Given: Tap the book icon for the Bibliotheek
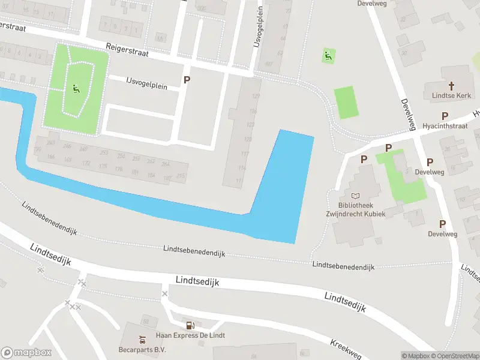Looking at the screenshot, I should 356,196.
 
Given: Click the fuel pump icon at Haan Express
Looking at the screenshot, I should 190,326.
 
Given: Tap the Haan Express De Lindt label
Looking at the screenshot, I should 190,335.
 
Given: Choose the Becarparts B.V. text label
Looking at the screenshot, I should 142,349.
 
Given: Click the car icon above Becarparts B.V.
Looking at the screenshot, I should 142,339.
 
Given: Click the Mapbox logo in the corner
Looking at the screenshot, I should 26,353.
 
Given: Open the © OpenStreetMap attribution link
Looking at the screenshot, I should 454,356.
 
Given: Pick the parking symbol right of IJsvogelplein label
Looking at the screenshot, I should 187,80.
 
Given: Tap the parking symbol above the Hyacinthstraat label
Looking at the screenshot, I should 445,116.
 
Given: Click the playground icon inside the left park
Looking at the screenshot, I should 76,90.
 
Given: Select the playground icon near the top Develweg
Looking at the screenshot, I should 327,56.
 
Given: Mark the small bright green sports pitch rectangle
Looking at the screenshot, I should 346,102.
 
